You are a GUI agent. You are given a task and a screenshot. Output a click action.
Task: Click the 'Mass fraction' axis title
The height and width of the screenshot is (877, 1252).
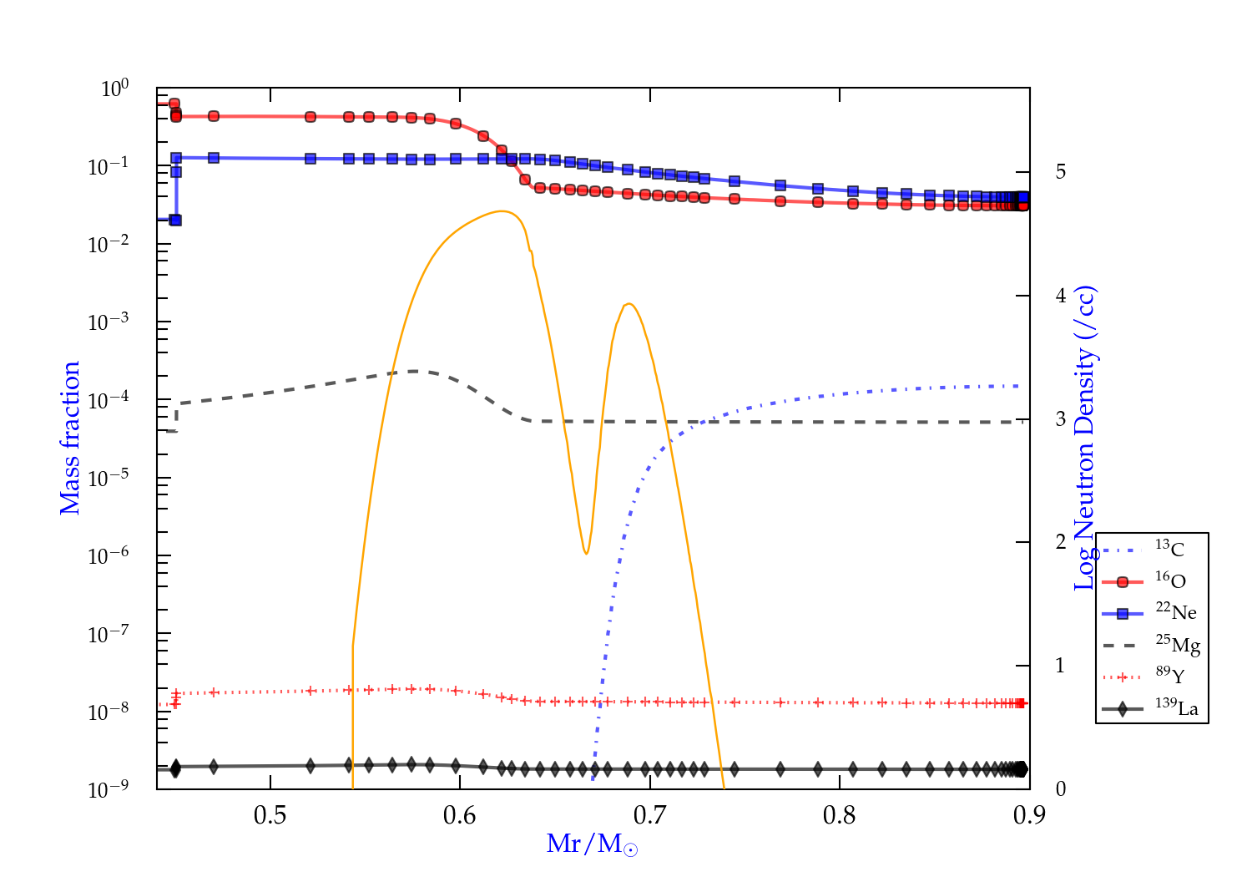pos(70,438)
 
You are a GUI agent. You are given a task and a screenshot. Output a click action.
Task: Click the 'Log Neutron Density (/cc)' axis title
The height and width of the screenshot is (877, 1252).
pos(1085,438)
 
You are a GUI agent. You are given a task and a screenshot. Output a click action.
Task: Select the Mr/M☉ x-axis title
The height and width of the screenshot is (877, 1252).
pos(592,844)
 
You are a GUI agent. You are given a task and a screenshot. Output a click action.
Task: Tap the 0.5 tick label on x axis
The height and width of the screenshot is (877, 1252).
pos(270,815)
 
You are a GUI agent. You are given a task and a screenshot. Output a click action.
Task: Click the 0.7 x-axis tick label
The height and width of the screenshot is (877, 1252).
pos(649,815)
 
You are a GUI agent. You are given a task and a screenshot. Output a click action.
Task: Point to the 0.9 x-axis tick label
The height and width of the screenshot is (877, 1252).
pos(1029,815)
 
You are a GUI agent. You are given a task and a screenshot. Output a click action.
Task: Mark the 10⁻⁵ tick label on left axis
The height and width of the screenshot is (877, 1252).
pos(109,479)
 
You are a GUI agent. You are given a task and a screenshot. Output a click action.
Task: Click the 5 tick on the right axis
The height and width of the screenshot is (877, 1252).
pos(1061,172)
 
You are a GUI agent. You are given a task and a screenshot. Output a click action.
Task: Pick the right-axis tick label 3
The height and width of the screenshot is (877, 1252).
pos(1061,419)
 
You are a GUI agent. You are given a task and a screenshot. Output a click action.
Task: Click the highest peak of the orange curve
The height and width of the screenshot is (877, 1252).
pos(502,211)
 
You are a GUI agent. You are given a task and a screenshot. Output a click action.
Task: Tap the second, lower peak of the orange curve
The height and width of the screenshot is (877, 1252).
pos(629,303)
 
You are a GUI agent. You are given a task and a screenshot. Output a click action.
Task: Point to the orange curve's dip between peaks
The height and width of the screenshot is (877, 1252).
pos(587,553)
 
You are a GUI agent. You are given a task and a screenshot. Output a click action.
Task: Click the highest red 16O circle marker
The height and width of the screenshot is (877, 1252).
pos(174,104)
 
